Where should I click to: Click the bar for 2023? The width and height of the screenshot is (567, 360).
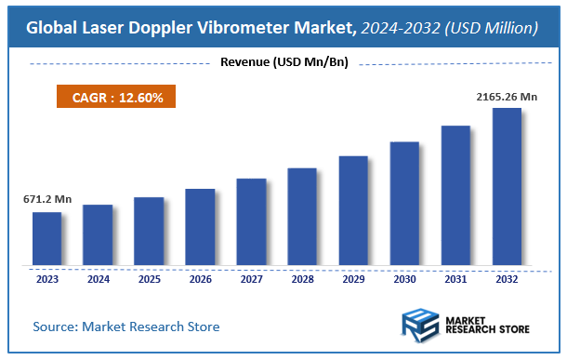coord(46,238)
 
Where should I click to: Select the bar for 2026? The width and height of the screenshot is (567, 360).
coord(200,227)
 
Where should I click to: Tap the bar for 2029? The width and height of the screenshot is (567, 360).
coord(353,210)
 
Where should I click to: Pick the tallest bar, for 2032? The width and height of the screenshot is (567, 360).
coord(507,186)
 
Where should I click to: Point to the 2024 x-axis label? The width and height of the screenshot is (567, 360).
coord(98,278)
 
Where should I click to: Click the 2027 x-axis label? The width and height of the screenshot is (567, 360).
coord(251,278)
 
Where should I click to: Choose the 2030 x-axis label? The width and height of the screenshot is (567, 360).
coord(404,278)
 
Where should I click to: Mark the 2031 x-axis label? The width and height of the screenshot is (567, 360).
coord(455,278)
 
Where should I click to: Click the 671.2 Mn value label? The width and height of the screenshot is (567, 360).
coord(47,199)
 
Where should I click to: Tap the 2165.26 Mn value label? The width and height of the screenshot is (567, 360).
coord(506,96)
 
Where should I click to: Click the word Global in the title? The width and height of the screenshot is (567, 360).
coord(51,28)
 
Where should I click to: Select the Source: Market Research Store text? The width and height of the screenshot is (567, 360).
coord(126,327)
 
